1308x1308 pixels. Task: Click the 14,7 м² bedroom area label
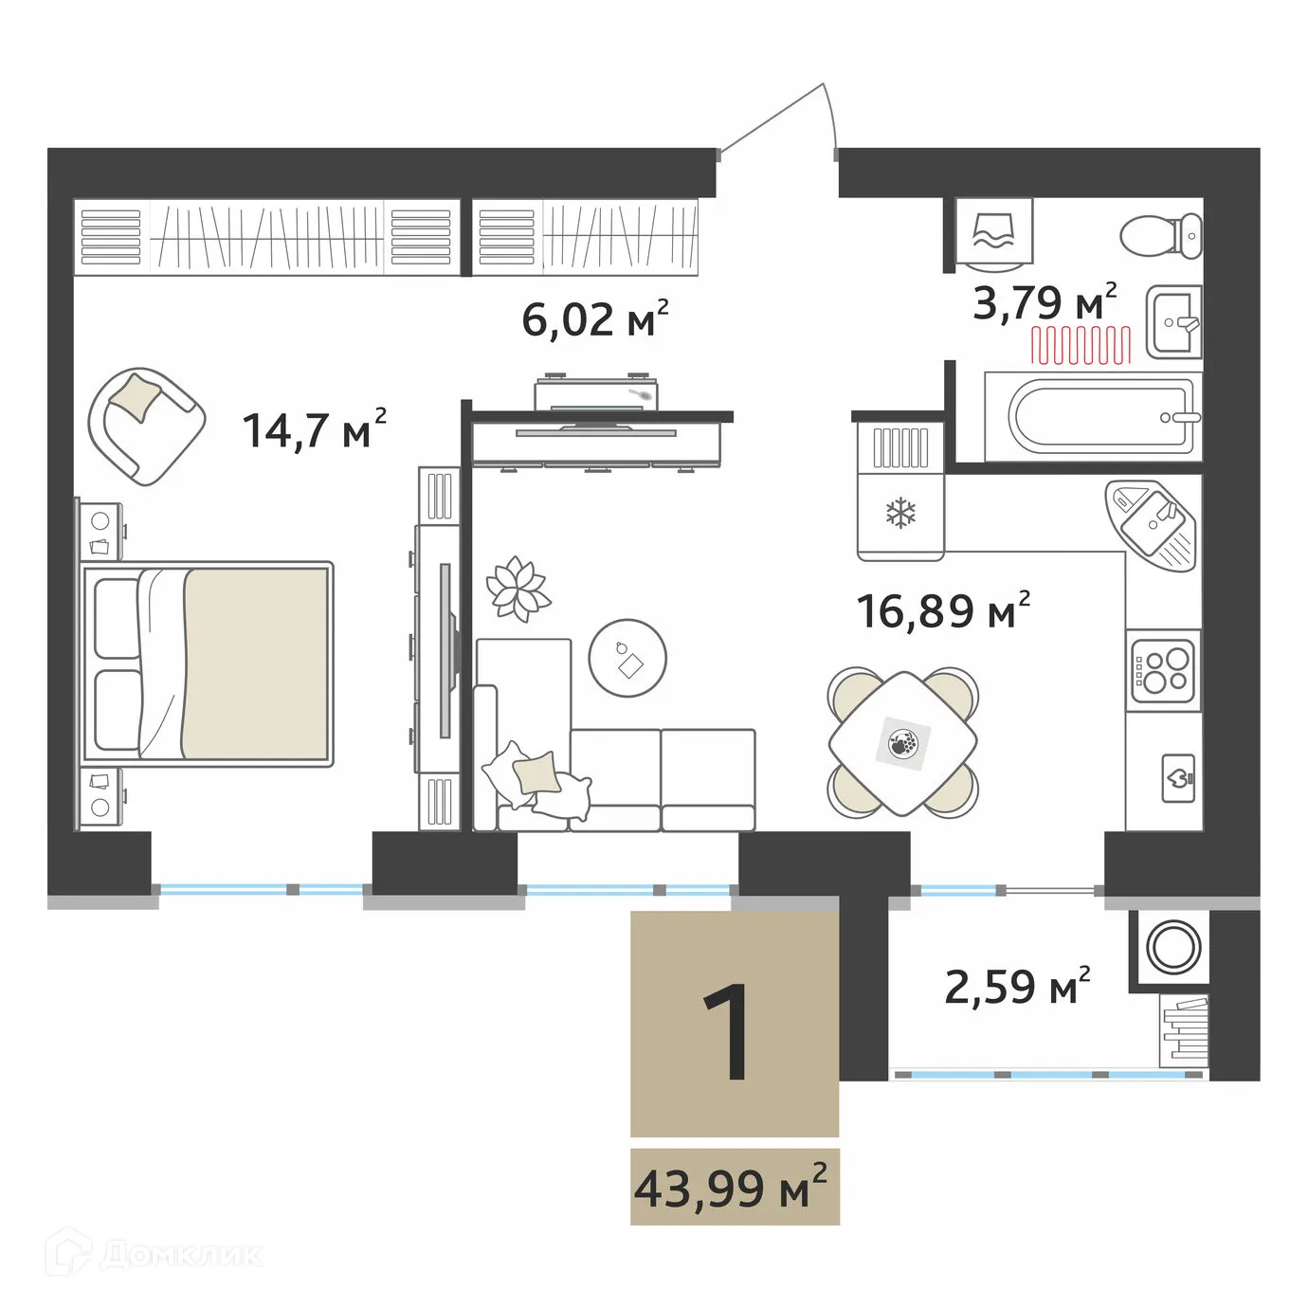coord(314,429)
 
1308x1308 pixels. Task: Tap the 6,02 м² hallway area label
coord(594,318)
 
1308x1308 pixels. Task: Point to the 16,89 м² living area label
coord(942,611)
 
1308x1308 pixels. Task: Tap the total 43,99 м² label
coord(734,1188)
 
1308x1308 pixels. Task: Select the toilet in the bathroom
coord(1162,233)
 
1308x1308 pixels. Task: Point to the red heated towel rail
coord(1081,345)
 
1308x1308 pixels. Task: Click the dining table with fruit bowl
coord(902,742)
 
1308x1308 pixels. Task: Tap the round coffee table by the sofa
coord(627,658)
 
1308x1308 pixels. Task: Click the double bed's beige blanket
coord(256,663)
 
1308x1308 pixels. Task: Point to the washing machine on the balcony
coord(1174,946)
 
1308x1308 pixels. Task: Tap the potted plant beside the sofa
coord(518,589)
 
